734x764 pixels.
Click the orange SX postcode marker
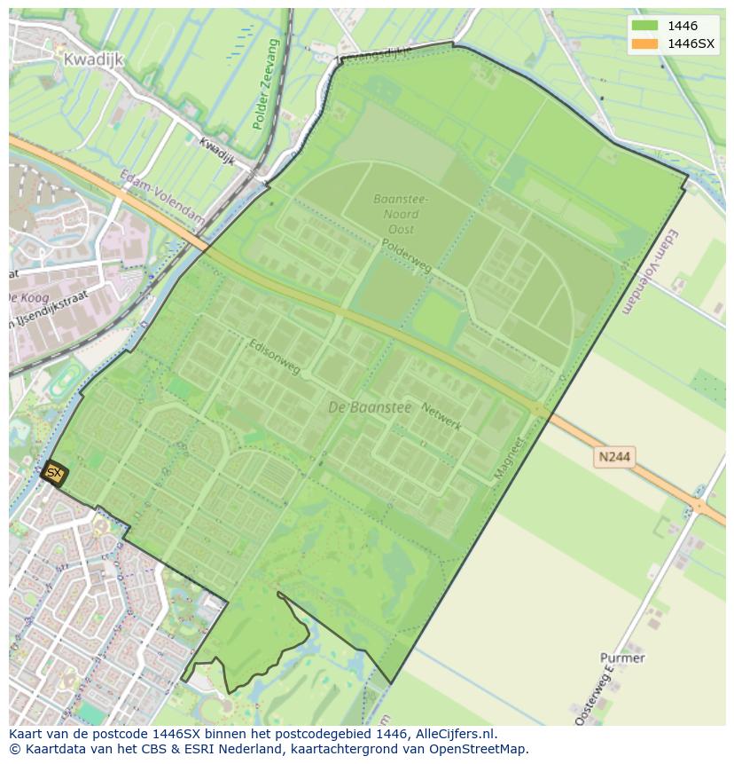click(54, 473)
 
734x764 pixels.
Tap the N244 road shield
click(613, 456)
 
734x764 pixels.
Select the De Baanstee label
click(370, 407)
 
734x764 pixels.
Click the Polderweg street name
click(406, 255)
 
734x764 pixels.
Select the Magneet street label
click(509, 458)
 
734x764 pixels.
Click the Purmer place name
click(622, 658)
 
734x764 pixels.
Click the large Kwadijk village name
click(93, 59)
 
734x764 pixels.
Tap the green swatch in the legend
click(645, 26)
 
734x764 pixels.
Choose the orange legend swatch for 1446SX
click(645, 43)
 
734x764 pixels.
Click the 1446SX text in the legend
click(691, 43)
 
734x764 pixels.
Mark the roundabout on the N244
click(700, 508)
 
